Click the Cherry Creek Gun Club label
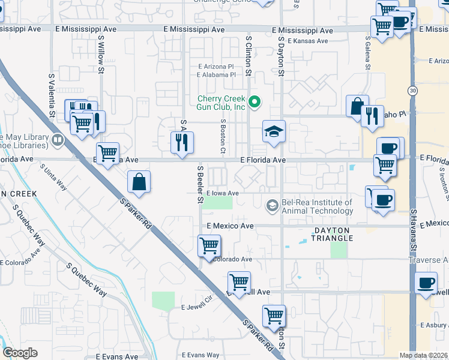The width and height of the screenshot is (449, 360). click(223, 103)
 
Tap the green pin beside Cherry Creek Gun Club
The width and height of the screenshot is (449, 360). click(255, 102)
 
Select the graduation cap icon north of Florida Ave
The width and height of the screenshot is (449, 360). click(274, 132)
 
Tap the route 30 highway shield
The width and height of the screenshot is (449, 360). click(412, 90)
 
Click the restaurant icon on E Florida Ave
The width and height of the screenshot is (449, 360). click(182, 142)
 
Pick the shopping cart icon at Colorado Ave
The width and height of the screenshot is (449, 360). click(209, 245)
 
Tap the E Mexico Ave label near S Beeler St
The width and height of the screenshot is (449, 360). click(230, 226)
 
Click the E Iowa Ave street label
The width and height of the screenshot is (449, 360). click(223, 193)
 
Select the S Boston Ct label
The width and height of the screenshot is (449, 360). click(222, 135)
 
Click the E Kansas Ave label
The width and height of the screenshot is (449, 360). click(307, 41)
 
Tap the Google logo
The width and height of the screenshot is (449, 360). click(20, 353)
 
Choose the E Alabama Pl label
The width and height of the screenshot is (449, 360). click(216, 75)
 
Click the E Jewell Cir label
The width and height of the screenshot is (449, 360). click(197, 307)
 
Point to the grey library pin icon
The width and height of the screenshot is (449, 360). click(58, 141)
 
